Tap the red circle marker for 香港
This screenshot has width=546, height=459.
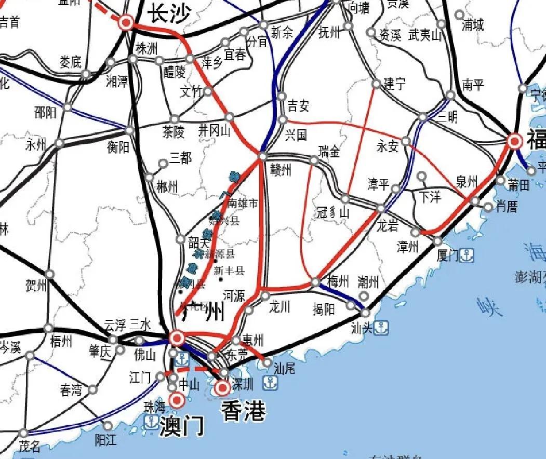[223, 387]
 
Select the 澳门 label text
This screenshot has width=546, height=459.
[181, 426]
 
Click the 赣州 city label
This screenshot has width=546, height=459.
[281, 170]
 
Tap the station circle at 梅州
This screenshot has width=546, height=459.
[315, 282]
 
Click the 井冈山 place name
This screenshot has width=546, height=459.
[215, 131]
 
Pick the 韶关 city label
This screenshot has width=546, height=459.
[198, 242]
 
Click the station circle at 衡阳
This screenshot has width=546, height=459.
[130, 130]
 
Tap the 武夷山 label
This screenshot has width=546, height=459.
[424, 35]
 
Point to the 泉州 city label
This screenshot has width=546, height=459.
[466, 181]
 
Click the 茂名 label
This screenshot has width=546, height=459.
[30, 447]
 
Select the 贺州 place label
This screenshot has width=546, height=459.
[36, 286]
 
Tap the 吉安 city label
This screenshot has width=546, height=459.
[298, 106]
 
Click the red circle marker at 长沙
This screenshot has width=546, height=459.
[126, 22]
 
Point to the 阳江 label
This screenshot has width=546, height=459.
[106, 440]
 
